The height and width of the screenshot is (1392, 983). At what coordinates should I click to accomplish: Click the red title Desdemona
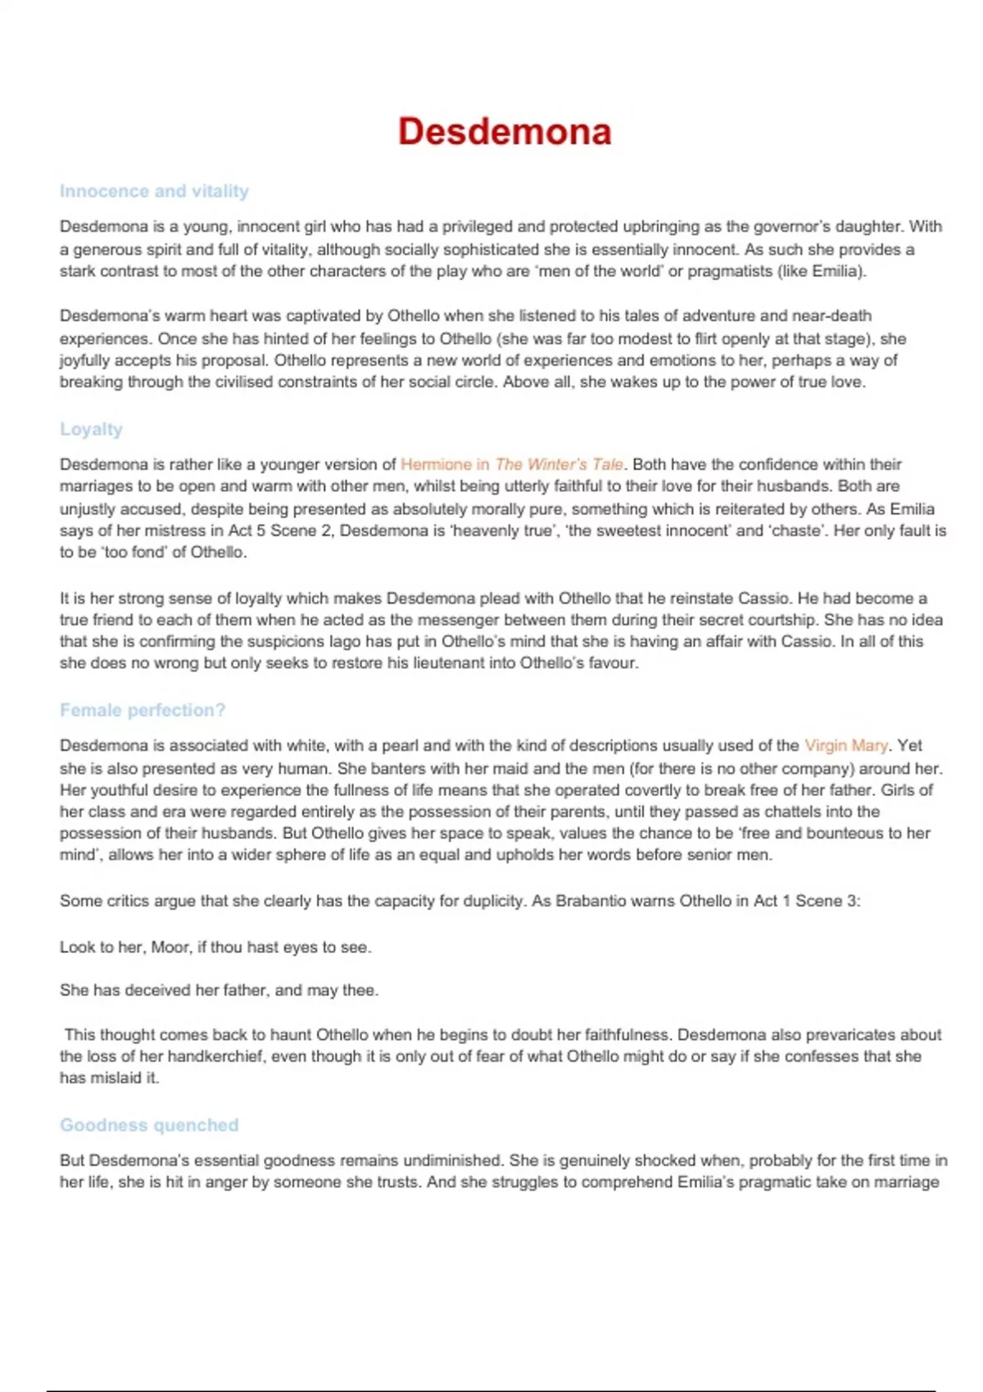pos(505,132)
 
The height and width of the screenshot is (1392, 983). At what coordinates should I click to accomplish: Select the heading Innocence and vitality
pos(154,191)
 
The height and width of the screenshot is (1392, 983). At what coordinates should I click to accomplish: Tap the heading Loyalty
pos(91,429)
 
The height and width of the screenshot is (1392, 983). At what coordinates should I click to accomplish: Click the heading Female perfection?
pos(143,710)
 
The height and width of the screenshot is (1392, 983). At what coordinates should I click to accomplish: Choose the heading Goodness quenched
pos(149,1125)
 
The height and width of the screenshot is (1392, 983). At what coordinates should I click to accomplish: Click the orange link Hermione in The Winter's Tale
pos(511,464)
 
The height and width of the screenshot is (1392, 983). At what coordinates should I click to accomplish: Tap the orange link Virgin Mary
pos(845,745)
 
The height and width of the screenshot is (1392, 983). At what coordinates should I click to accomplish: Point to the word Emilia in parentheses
pos(836,271)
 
